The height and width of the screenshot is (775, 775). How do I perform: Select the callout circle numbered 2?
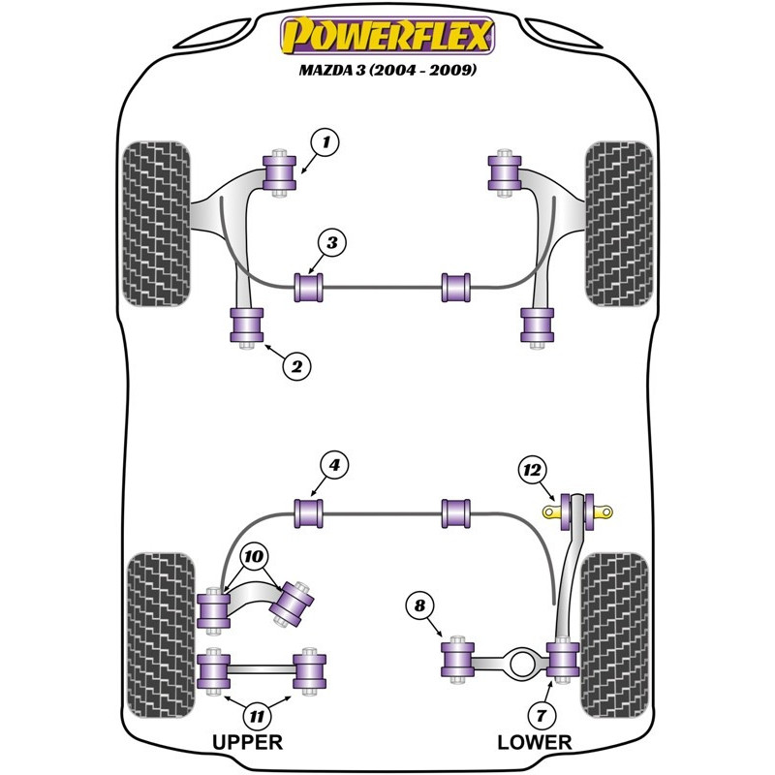coord(296,366)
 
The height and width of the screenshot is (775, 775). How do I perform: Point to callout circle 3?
coord(330,243)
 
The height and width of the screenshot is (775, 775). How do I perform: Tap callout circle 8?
coord(419,607)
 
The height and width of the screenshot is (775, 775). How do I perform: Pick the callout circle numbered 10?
coord(254,557)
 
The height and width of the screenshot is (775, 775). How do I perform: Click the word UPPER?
coord(247,743)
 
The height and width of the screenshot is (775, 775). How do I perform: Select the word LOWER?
coord(535,743)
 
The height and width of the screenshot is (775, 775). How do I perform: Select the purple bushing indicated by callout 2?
coord(246,325)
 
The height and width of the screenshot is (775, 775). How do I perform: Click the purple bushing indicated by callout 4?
coord(310,510)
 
